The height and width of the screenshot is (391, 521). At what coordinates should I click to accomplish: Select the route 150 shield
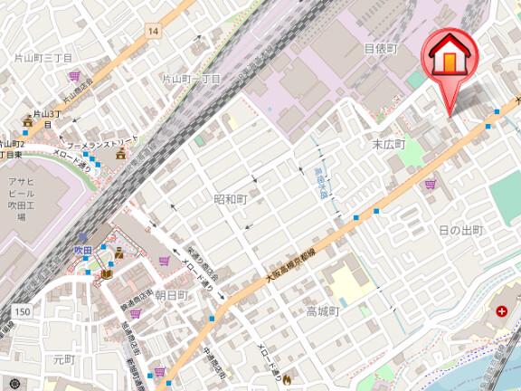22,311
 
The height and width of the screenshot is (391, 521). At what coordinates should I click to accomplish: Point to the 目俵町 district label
380,48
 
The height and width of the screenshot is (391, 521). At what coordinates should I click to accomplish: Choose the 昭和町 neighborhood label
230,198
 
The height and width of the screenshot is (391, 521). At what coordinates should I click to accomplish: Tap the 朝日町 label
171,295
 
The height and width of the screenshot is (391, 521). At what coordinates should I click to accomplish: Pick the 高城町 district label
321,311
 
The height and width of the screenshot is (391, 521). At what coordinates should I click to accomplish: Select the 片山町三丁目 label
43,57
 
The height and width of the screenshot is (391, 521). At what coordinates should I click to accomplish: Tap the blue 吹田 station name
83,248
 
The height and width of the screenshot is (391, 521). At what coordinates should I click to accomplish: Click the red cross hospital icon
501,312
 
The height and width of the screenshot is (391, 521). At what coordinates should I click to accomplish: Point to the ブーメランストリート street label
102,144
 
